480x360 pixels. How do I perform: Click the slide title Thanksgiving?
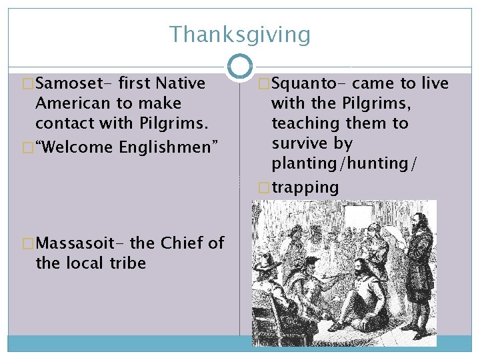[x=239, y=34]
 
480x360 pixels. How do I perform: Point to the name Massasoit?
[x=74, y=243]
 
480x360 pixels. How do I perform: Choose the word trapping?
[x=305, y=187]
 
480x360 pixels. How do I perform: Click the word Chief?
[x=181, y=243]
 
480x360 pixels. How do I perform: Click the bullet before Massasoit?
[x=28, y=244]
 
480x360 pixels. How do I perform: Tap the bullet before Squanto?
[x=264, y=84]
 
